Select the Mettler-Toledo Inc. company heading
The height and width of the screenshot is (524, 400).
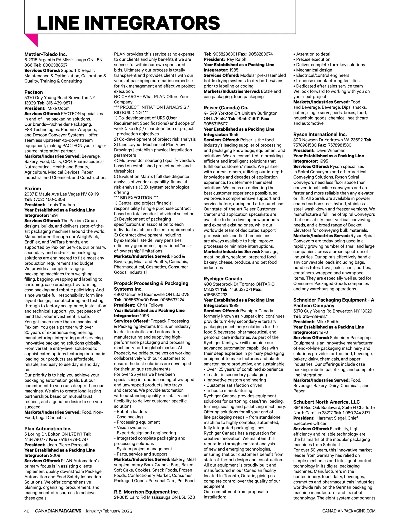click(46, 54)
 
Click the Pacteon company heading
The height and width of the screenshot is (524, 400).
click(34, 92)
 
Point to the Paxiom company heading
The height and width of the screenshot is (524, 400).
click(33, 188)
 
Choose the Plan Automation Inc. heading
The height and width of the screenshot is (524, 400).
click(48, 428)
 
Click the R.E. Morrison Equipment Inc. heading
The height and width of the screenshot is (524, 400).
click(146, 492)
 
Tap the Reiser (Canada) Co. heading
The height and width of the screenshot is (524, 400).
click(226, 108)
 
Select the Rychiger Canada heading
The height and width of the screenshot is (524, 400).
click(223, 279)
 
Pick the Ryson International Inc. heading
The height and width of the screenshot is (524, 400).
click(320, 134)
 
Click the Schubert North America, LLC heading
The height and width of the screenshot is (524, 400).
click(326, 402)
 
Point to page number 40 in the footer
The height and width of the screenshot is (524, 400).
click(27, 511)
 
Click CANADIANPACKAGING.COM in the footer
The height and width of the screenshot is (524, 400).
click(349, 511)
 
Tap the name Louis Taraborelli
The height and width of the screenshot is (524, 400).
click(63, 205)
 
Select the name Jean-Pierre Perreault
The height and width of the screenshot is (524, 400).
click(68, 445)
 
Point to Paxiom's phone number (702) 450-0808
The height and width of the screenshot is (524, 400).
click(49, 199)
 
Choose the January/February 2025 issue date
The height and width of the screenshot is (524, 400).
click(109, 511)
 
